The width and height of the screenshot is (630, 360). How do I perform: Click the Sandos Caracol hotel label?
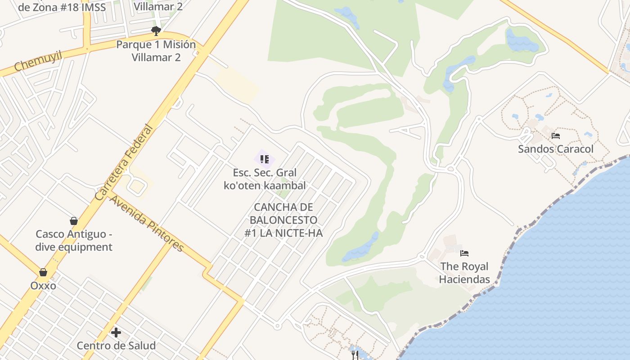point(556,149)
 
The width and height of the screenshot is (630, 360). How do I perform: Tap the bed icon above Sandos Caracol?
point(556,135)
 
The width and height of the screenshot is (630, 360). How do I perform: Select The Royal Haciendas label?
point(464,273)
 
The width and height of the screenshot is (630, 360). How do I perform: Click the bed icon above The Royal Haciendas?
point(464,253)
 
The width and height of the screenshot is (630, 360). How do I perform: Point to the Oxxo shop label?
point(43,286)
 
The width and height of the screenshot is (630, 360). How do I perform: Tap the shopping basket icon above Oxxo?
point(43,272)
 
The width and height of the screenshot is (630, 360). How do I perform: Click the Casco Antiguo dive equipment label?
point(74,240)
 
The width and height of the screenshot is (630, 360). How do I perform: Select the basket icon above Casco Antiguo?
point(74,221)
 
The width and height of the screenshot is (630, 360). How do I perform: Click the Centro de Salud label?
point(116,346)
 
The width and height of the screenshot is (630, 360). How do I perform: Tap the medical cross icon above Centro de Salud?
point(116,333)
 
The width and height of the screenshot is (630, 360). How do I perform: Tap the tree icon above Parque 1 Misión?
point(156,31)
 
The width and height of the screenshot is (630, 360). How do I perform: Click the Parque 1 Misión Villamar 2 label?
point(156,51)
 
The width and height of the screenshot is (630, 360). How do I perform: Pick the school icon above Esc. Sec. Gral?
point(265,159)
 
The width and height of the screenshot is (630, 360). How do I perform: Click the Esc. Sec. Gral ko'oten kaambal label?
point(265,179)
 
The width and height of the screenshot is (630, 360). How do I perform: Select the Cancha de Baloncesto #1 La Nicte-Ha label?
point(283,220)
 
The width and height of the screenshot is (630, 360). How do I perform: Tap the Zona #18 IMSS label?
point(62,7)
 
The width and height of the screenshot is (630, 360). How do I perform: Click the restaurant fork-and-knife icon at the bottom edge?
point(355,355)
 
